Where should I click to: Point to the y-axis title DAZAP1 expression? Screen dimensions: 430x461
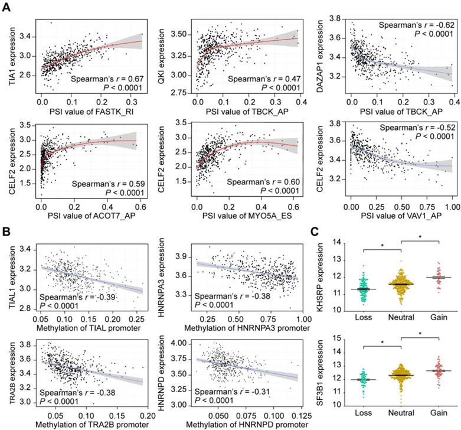pyautogui.click(x=319, y=58)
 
